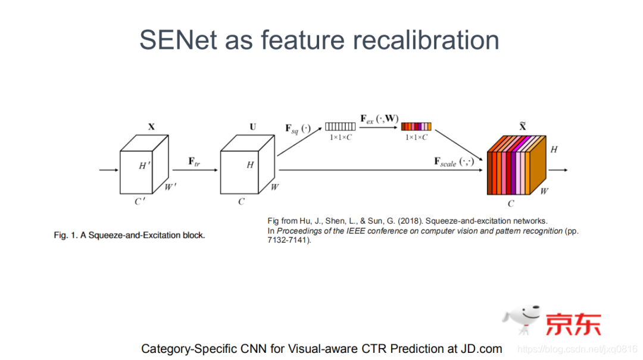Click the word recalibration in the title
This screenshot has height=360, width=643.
426,39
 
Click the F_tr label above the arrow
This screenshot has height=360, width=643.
194,161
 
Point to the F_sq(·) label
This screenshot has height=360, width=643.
298,127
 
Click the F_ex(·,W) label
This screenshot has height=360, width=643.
379,118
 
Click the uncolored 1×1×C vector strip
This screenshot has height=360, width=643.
340,126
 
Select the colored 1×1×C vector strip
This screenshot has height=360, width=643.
416,126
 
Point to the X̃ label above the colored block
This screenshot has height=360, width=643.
522,127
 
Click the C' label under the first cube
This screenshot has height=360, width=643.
139,202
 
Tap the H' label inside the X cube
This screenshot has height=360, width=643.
143,166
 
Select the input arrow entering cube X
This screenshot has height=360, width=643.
109,170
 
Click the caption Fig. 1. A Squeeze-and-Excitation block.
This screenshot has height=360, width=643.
129,235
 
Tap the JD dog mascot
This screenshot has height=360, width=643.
522,322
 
